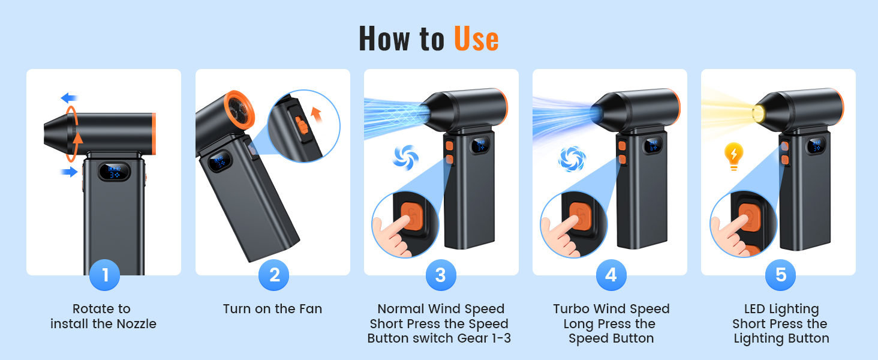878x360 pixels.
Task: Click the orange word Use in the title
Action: pos(476,39)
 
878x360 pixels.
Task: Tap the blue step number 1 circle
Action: pos(105,275)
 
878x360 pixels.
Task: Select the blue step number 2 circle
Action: pos(273,275)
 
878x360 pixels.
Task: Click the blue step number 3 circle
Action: pos(441,275)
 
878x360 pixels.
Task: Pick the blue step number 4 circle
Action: pos(611,275)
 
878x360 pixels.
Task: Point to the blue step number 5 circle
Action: pos(780,275)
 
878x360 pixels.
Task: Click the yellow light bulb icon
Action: pos(733,156)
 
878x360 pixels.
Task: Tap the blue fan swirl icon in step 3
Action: pos(405,158)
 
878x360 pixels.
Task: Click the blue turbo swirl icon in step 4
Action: pos(572,159)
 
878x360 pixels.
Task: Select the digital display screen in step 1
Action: pos(114,172)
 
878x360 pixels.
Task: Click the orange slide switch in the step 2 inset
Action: pos(302,125)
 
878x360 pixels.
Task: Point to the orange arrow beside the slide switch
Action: pos(316,115)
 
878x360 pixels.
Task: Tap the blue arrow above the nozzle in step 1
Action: pos(70,98)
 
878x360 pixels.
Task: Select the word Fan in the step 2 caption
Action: pos(310,309)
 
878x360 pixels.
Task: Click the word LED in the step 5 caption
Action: pos(754,309)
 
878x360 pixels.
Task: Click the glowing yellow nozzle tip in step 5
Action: pos(759,113)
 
